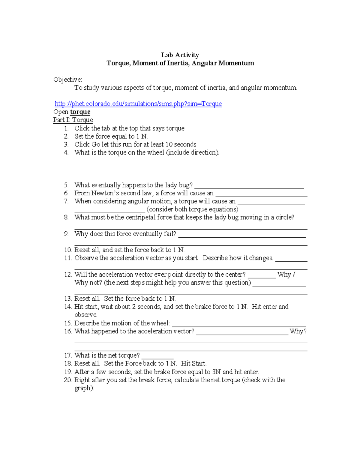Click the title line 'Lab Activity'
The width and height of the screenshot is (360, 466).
pos(180,55)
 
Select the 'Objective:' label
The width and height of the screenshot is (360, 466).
pos(67,80)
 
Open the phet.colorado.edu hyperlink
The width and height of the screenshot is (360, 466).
pos(138,104)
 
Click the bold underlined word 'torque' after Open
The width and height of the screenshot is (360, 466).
pos(80,112)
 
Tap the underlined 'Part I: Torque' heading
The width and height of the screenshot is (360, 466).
pos(73,120)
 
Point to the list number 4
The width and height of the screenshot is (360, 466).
pos(66,152)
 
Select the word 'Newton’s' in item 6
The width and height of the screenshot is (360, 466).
pos(103,193)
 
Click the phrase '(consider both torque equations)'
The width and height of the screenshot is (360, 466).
pos(192,209)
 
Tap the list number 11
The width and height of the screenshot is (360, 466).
pos(68,258)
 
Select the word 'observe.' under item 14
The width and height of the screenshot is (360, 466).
pos(86,315)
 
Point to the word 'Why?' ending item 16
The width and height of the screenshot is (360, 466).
pos(298,331)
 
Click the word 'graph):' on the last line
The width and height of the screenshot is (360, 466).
pos(84,388)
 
